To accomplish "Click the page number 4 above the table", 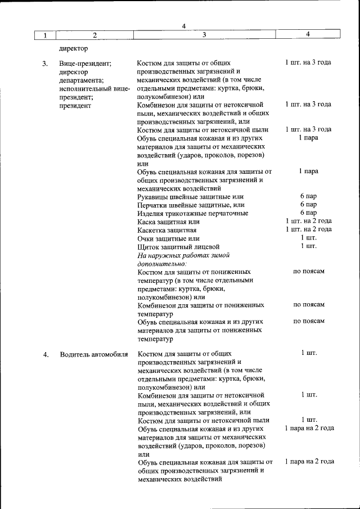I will [184, 26].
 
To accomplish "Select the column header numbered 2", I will [94, 35].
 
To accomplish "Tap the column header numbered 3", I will [204, 35].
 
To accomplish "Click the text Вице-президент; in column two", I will [85, 63].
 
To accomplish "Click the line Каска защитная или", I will [168, 222].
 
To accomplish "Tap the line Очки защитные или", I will [168, 238].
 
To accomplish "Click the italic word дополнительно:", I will [162, 263].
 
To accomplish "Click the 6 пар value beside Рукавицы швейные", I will [308, 196].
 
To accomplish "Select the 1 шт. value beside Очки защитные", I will [308, 238].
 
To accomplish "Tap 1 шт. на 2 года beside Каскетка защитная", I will [308, 229].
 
